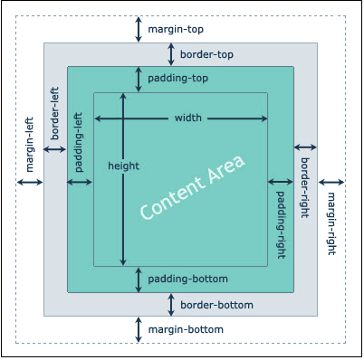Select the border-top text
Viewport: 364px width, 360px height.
point(206,54)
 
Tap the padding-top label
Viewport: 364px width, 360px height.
point(179,79)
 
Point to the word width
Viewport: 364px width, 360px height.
point(188,118)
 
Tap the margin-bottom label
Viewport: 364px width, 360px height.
point(186,328)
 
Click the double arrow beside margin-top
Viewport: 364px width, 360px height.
point(138,29)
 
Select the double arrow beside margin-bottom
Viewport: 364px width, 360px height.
point(138,329)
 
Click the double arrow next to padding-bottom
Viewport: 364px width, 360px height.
point(138,279)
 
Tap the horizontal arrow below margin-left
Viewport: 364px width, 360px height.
point(30,183)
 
